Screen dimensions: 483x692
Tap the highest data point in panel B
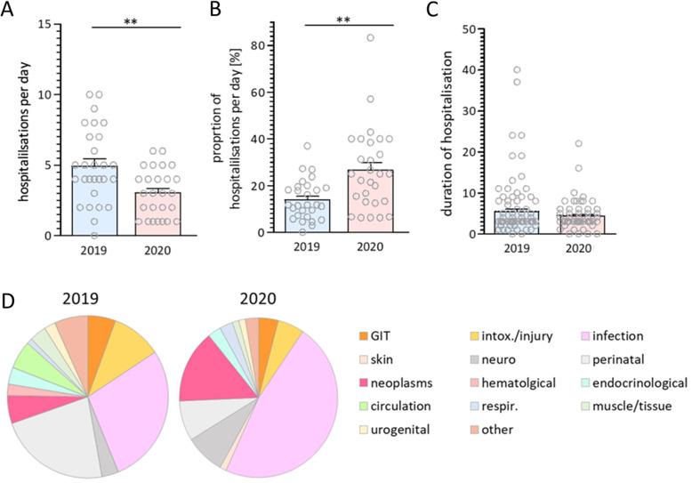[370, 38]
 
